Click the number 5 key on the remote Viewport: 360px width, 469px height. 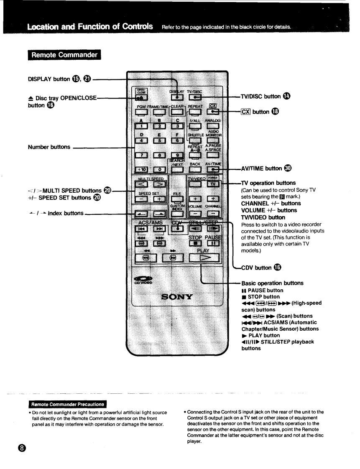159,140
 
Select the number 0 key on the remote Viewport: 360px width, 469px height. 159,169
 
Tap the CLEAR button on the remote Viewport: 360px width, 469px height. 177,112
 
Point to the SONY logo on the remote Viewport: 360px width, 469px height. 177,297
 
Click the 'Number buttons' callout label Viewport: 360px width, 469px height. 49,147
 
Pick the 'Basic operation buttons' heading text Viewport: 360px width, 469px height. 272,283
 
